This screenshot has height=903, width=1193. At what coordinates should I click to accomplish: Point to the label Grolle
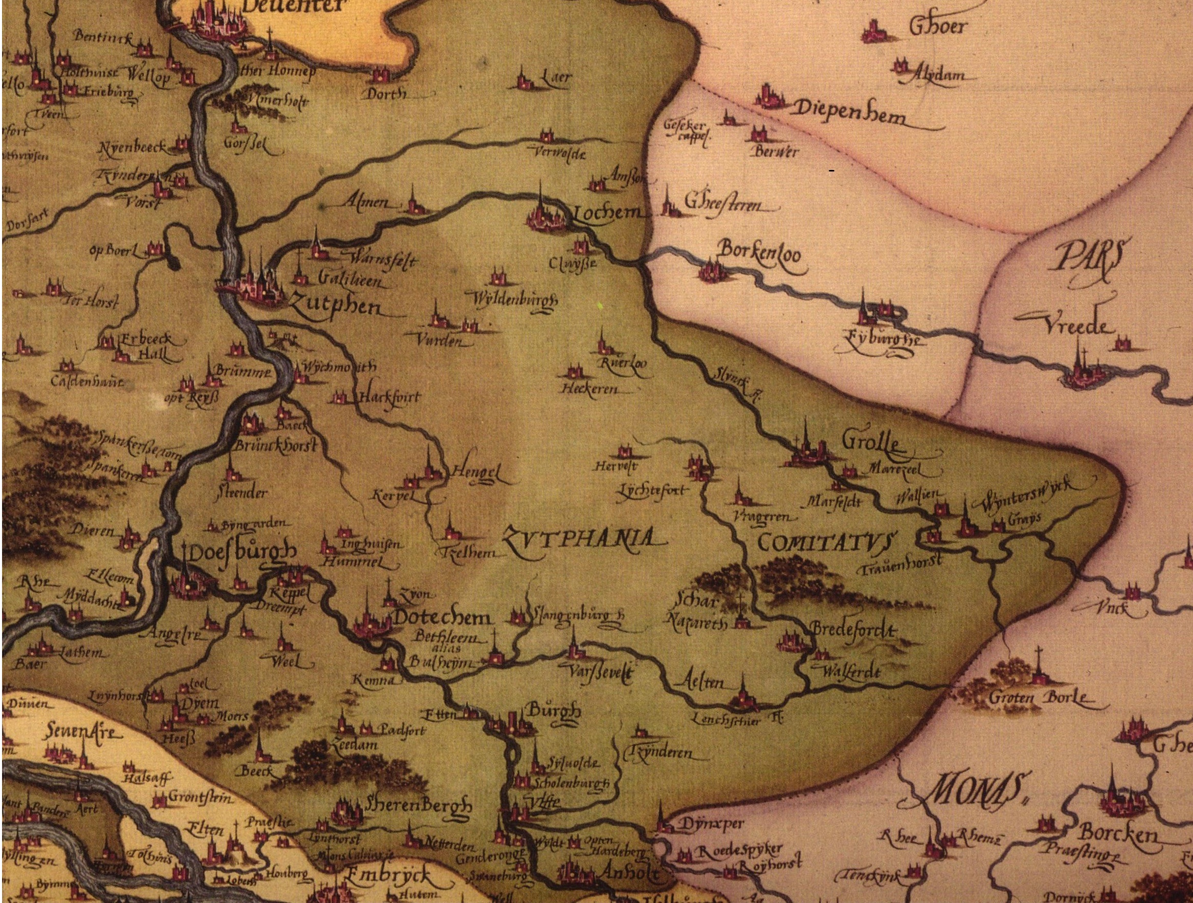864,444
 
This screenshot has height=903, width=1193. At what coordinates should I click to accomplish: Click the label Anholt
622,873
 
